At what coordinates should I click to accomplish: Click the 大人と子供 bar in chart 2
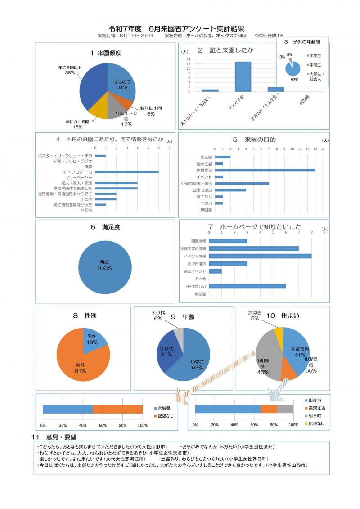click(x=243, y=77)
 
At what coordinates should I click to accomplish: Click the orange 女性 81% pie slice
click(x=81, y=360)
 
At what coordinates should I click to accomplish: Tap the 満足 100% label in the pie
click(x=104, y=265)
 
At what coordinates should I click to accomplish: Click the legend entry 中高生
click(x=315, y=64)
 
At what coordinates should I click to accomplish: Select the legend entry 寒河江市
click(x=315, y=408)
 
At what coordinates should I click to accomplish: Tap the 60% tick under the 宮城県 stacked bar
click(x=103, y=425)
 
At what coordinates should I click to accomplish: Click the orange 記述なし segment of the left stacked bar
click(x=117, y=409)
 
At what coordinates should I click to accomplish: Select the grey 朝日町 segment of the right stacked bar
click(x=285, y=409)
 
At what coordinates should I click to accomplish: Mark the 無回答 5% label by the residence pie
click(x=255, y=315)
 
